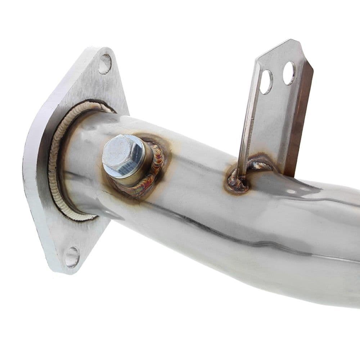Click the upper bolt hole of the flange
pos(105,64)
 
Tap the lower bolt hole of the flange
pos(72,257)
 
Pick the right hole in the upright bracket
pos(289,73)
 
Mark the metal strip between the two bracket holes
pos(278,77)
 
